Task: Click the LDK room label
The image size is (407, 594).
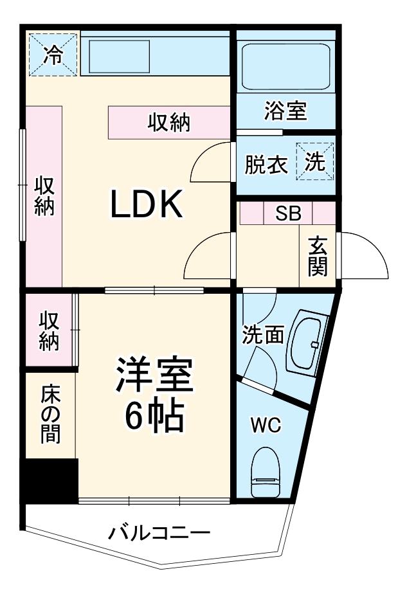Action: point(148,204)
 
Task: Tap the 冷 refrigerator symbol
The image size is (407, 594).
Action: point(53,55)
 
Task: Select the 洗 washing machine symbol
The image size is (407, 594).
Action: point(315,162)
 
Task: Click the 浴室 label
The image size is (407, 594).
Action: point(285,111)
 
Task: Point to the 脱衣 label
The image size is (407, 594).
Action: point(266,165)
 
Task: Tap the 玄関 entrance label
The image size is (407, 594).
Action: point(318,256)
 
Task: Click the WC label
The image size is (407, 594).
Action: point(266,425)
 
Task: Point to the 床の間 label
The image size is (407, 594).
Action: point(51,413)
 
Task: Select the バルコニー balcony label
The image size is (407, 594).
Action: point(159,533)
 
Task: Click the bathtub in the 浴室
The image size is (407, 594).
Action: point(285,65)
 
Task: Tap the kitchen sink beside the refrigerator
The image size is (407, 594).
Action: point(119,57)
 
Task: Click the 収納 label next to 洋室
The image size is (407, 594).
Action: point(49,330)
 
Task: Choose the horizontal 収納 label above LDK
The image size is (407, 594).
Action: point(170,122)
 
